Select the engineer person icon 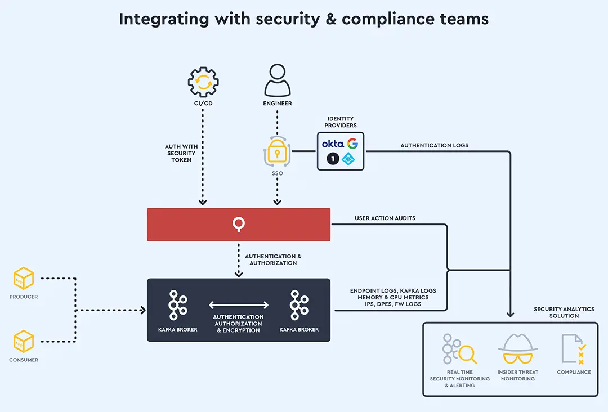click(278, 80)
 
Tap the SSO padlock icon click(277, 151)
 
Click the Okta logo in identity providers click(333, 144)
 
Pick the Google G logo click(353, 144)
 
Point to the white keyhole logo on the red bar click(239, 225)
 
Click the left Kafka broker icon click(178, 306)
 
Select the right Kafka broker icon click(299, 306)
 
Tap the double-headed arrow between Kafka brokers click(238, 305)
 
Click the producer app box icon click(24, 279)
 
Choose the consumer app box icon click(24, 342)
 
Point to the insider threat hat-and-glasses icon click(517, 350)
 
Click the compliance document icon click(574, 349)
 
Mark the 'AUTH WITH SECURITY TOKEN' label click(181, 153)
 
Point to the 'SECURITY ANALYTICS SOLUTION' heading click(564, 312)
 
